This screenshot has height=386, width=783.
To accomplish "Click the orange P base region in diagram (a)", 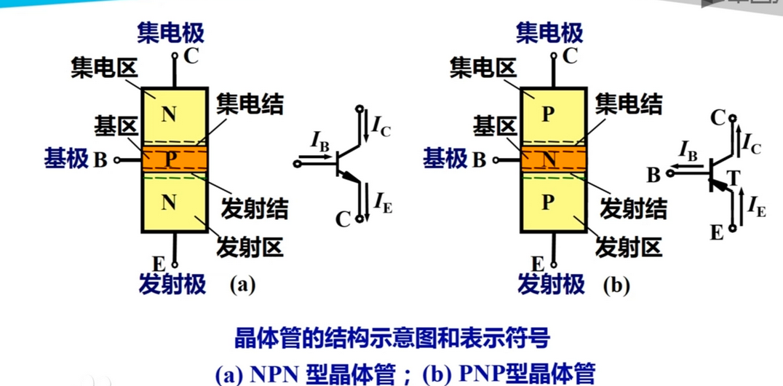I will [173, 159].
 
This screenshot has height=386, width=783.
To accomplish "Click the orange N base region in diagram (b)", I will [552, 159].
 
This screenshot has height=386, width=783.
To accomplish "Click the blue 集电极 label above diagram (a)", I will [171, 33].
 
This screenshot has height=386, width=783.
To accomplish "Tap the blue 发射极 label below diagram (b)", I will [551, 285].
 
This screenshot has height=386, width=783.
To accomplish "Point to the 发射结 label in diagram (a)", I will [254, 209].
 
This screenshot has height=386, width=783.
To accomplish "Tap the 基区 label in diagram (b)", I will [495, 126].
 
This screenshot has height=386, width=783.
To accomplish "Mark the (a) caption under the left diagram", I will [242, 285].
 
